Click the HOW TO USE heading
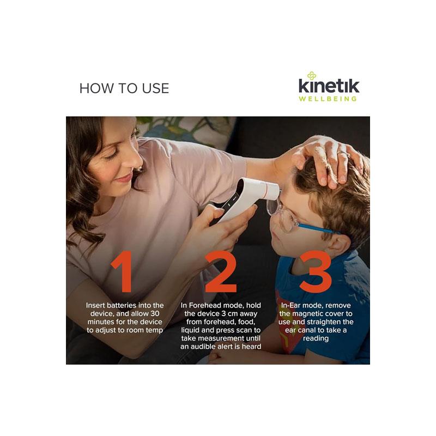click(124, 88)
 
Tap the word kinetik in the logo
click(329, 86)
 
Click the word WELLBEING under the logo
click(328, 99)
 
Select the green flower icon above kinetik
click(311, 76)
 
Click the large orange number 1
click(122, 271)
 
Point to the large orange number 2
click(221, 271)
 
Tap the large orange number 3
click(316, 271)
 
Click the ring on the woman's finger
click(344, 153)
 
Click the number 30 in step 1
click(155, 314)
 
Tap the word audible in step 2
click(207, 347)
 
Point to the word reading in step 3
click(316, 338)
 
